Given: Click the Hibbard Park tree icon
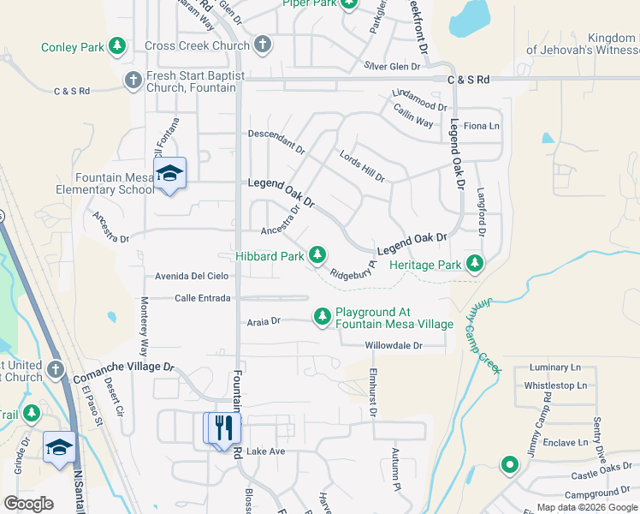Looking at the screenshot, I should point(317,254).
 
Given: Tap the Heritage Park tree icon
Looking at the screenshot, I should point(473,264).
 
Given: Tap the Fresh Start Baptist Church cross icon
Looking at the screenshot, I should point(133,81).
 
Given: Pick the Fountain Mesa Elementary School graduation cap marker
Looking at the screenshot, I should point(169,175).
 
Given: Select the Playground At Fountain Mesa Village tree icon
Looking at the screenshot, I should point(323,318).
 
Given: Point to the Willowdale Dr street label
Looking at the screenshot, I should point(394,345).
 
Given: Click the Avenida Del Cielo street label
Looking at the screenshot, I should point(191,276).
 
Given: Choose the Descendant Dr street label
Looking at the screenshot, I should point(276,140).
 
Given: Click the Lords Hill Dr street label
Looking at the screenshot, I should point(362,167).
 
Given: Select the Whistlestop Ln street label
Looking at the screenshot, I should point(555,385).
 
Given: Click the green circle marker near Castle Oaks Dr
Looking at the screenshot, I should point(510,465).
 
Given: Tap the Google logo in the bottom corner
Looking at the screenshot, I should point(27,504).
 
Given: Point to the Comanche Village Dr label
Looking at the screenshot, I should point(123,368).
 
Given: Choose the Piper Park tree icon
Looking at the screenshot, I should point(348,3).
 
